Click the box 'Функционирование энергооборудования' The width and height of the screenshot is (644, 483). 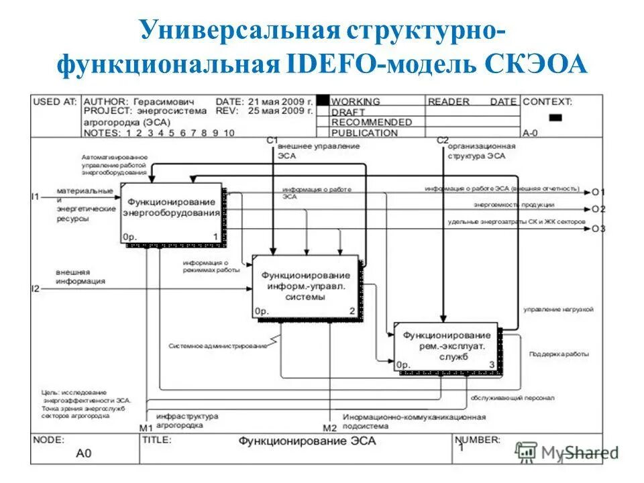172,212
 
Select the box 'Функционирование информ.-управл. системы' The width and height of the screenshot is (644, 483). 305,285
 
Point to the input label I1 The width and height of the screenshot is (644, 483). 36,197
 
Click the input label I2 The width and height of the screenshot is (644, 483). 36,288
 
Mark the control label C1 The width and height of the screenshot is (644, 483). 272,140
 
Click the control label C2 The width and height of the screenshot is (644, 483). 442,140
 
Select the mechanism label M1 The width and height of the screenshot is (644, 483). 146,428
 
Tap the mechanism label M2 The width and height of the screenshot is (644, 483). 329,428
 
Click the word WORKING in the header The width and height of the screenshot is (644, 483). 355,102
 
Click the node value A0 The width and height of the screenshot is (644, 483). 83,453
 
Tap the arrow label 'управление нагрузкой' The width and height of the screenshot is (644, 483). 558,309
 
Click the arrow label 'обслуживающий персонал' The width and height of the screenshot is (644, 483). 512,397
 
